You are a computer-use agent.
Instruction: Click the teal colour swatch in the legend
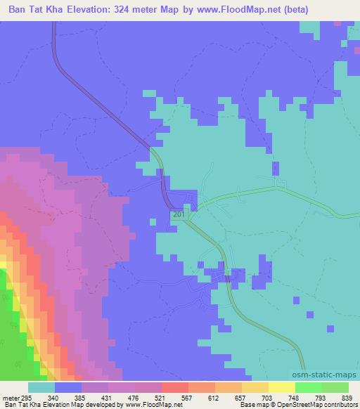click(41, 388)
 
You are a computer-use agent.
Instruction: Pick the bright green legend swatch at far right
click(335, 388)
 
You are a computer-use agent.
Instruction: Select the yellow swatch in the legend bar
click(255, 388)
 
